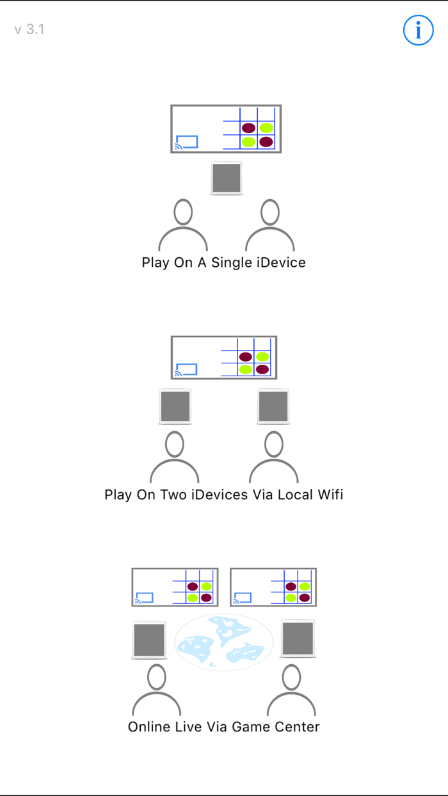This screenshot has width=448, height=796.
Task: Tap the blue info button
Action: coord(419,30)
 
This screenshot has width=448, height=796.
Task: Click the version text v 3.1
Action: coord(29,29)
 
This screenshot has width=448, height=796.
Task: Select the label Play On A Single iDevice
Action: coord(223,262)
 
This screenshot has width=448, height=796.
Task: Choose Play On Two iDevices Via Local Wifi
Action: coord(223,495)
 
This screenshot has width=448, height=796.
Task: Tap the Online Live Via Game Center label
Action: coord(223,727)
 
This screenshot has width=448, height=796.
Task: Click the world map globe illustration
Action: coord(224,642)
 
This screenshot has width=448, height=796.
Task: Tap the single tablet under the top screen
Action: coord(227,178)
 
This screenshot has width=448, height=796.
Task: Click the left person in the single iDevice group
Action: coord(183,227)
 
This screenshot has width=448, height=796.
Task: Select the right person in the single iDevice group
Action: coord(270,227)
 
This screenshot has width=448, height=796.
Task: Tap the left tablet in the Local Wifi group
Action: coord(175,406)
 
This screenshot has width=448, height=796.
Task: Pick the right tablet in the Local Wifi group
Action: coord(273,406)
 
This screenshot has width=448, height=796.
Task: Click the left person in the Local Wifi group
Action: coord(175,458)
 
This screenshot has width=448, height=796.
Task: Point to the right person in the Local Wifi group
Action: coord(274,458)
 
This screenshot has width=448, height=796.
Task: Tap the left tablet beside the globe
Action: coord(149,639)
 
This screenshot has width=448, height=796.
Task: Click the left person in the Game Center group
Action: coord(157,691)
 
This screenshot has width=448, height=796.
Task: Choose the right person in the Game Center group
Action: coord(291,691)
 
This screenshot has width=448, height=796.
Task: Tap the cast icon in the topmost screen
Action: coord(186,142)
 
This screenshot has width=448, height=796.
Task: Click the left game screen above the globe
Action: coord(175,587)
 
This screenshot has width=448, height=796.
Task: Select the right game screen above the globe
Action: coord(273,587)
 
